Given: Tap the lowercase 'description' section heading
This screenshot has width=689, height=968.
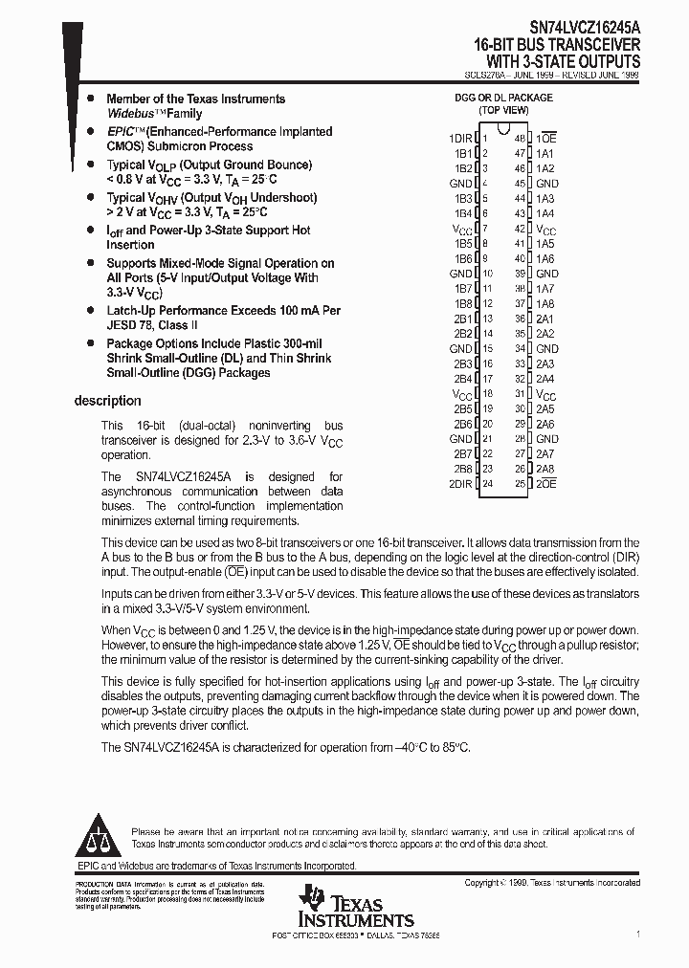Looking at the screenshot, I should point(107,401).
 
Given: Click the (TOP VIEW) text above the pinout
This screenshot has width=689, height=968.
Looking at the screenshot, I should point(503,111).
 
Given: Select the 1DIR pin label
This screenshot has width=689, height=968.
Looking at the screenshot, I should point(460,139).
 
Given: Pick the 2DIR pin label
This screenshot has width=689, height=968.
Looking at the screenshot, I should point(460,484).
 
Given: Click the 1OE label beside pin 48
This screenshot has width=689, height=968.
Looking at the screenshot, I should point(546,139).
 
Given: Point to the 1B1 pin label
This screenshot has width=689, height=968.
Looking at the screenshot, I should point(463,153).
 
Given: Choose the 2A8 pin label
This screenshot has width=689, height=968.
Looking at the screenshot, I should point(545,469).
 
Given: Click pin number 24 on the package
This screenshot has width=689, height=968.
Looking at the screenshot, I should point(487,484).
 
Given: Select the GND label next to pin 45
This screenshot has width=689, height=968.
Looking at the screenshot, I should point(547,184).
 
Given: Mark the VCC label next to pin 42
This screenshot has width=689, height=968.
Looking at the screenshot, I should point(545,230).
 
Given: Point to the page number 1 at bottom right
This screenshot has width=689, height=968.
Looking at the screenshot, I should point(638,932).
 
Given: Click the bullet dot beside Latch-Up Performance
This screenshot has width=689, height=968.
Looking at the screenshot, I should point(89,311).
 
